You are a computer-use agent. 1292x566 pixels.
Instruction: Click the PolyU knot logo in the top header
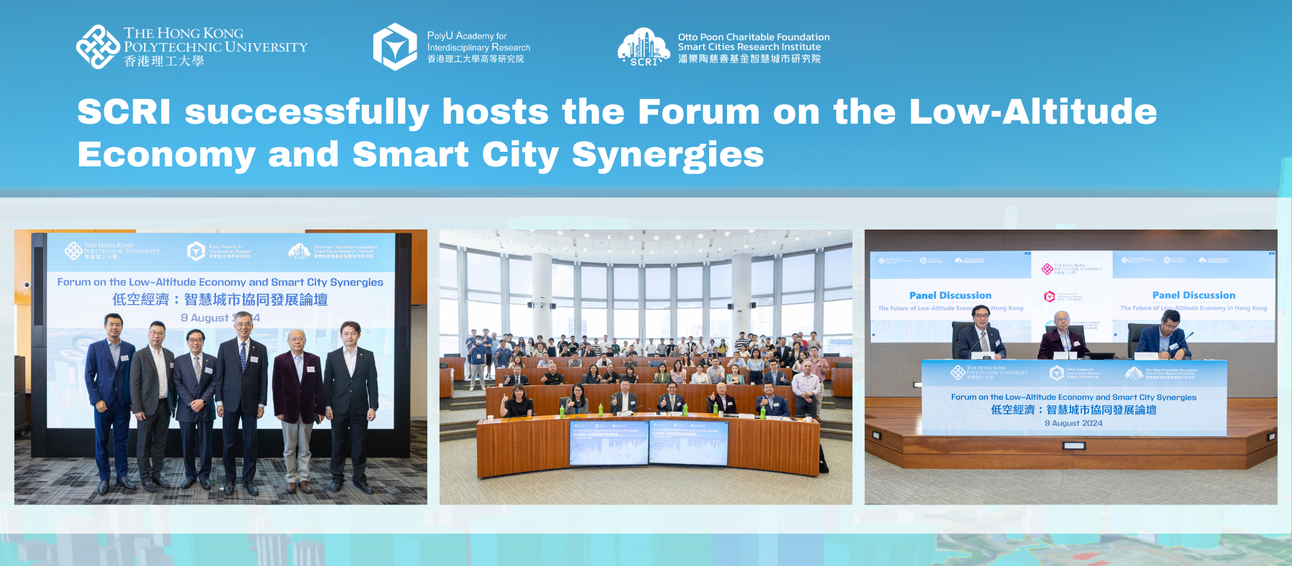(x=98, y=47)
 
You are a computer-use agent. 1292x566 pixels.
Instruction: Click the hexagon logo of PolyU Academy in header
(x=395, y=47)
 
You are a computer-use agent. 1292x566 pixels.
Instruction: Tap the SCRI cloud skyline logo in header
(x=643, y=47)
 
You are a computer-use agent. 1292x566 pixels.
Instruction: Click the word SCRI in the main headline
(x=124, y=112)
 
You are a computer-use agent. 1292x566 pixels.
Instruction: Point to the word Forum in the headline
(x=698, y=112)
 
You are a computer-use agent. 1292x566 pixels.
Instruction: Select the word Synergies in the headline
(x=668, y=155)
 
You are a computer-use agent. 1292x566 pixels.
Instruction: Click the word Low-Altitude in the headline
(x=1033, y=112)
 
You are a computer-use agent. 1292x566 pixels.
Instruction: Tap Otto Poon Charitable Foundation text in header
(x=753, y=37)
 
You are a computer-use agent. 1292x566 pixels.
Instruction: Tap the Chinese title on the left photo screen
(x=220, y=300)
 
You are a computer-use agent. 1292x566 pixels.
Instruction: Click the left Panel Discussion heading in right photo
(x=950, y=295)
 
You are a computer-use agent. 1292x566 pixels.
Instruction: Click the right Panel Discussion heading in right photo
(x=1194, y=295)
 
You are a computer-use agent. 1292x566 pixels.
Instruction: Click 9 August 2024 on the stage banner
(x=1073, y=423)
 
